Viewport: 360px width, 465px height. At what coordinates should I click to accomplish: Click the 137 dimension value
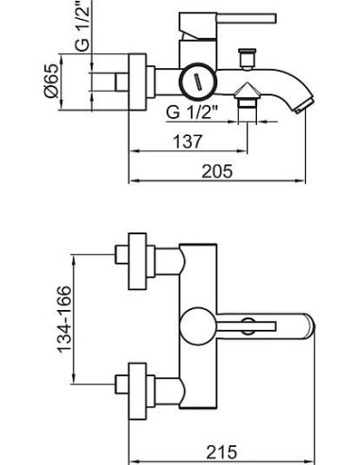tap(187, 142)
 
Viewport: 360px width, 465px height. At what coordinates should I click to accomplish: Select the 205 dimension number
tap(217, 171)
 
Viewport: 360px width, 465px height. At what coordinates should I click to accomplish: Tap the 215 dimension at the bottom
tap(222, 453)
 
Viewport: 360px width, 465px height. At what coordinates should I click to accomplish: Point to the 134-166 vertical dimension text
tap(65, 319)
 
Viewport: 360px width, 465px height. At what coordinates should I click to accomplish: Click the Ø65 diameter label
tap(51, 80)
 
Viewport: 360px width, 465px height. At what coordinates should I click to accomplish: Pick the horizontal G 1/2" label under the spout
tap(192, 112)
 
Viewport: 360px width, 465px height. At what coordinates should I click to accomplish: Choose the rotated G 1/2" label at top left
tap(82, 26)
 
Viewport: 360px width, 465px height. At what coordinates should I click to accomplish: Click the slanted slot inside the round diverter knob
tap(197, 82)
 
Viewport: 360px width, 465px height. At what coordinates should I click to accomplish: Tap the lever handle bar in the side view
tap(247, 18)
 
